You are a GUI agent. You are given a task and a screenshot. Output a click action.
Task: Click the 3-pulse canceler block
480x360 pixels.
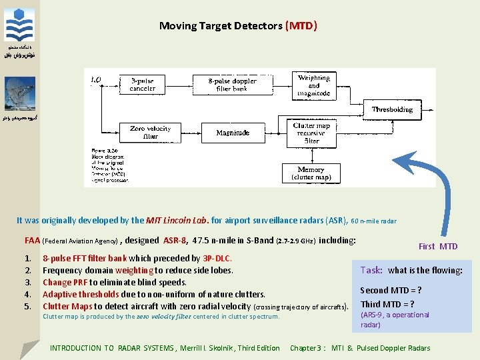pyautogui.click(x=142, y=85)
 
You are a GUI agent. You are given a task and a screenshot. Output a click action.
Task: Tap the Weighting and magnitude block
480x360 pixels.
pyautogui.click(x=313, y=85)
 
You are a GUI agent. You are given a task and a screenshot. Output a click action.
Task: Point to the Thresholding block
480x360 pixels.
pyautogui.click(x=392, y=109)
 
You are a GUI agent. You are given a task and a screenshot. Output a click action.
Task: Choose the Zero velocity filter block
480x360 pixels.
pyautogui.click(x=151, y=132)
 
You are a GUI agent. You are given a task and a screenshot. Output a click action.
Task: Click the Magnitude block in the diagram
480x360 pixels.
pyautogui.click(x=233, y=133)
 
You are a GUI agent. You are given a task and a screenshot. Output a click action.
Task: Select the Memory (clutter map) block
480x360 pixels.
pyautogui.click(x=311, y=173)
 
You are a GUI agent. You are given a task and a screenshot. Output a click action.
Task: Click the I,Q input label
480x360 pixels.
pyautogui.click(x=96, y=79)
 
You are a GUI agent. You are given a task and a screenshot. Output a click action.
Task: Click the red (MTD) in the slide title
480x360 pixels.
pyautogui.click(x=301, y=26)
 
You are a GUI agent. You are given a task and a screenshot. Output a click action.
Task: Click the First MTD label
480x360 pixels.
pyautogui.click(x=438, y=247)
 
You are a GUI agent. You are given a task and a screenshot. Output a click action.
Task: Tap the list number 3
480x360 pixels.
pyautogui.click(x=27, y=282)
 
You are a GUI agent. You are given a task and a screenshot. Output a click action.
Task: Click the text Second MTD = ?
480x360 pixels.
pyautogui.click(x=391, y=290)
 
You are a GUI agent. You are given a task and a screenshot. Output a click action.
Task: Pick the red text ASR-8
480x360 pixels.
pyautogui.click(x=175, y=240)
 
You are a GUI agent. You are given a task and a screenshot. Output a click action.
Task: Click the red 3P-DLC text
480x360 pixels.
pyautogui.click(x=217, y=258)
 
